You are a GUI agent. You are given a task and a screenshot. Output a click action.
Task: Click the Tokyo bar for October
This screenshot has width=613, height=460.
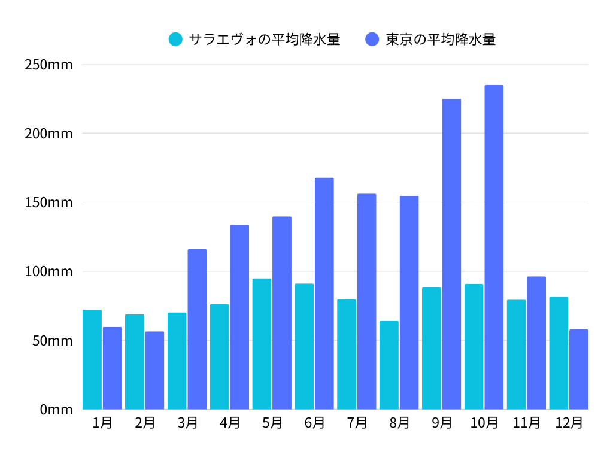[494, 247]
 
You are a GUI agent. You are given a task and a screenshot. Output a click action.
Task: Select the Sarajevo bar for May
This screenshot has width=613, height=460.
[262, 344]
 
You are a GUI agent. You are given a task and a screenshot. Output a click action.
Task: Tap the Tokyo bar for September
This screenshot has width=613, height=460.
[451, 254]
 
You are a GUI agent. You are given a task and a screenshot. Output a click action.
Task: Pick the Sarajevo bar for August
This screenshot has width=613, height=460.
[389, 365]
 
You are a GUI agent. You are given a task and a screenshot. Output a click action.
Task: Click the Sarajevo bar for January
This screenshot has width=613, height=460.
[92, 359]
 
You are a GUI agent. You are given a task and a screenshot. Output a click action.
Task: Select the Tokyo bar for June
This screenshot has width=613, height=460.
[324, 293]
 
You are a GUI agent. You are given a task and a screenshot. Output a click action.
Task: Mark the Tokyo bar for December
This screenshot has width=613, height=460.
[579, 369]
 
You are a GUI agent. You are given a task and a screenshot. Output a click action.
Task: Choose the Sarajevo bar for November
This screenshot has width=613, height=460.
[516, 355]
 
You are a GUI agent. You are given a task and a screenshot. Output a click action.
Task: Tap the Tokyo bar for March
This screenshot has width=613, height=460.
[197, 329]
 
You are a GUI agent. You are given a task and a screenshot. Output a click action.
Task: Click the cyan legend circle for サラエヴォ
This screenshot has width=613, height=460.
[175, 40]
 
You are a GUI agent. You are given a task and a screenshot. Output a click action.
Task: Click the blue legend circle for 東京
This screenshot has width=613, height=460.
[372, 40]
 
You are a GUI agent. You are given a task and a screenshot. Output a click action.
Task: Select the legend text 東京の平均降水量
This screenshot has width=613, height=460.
[441, 40]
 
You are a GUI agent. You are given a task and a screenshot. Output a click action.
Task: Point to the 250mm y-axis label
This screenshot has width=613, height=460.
[48, 65]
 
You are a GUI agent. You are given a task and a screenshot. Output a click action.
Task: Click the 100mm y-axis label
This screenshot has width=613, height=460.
[48, 272]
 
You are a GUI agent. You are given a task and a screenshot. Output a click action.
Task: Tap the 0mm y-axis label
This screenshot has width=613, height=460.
[56, 410]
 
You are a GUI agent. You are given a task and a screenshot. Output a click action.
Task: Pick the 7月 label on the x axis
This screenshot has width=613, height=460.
[357, 423]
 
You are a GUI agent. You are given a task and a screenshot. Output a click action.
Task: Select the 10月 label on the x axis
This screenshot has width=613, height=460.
[484, 423]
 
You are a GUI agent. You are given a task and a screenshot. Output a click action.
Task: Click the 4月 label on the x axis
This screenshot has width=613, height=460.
[230, 423]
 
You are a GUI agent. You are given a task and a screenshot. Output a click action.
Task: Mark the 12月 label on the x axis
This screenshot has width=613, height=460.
[569, 423]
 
